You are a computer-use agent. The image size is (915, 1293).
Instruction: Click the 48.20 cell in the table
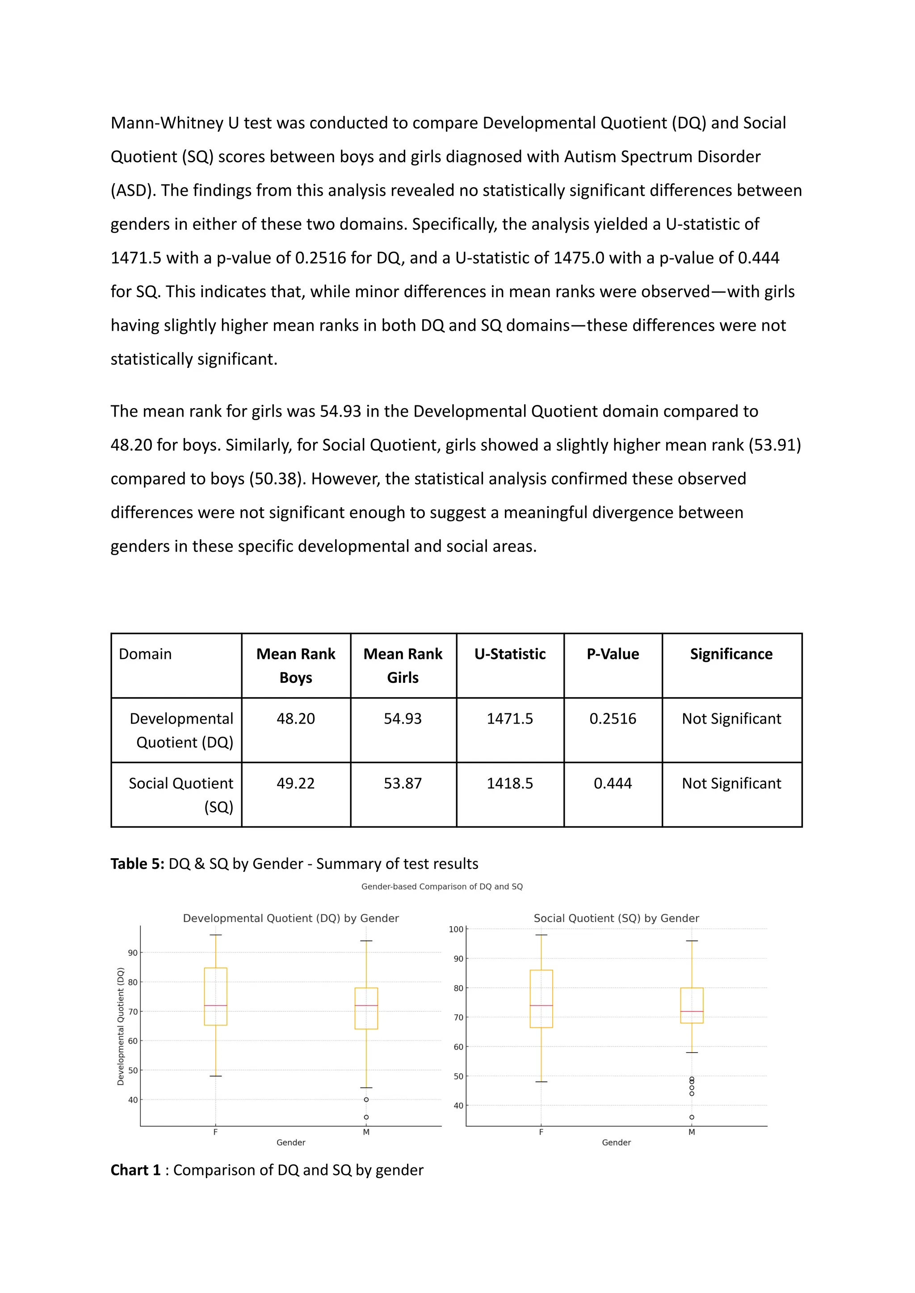coord(295,719)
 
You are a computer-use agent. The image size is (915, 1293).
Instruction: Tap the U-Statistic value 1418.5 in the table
coord(509,783)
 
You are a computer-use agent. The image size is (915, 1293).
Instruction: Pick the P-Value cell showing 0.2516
coord(613,719)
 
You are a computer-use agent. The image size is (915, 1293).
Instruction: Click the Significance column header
coord(731,654)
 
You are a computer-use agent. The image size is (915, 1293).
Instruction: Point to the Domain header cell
coord(145,654)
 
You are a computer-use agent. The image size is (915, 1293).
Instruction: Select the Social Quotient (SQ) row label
coord(180,795)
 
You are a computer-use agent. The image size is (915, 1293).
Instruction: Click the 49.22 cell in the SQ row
coord(295,783)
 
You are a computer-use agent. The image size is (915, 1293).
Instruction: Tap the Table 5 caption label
coord(137,863)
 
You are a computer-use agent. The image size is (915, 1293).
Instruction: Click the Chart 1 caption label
coord(135,1170)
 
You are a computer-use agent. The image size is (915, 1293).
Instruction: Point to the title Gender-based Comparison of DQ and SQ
coord(442,887)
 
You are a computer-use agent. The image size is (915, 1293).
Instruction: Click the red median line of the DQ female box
coord(215,1006)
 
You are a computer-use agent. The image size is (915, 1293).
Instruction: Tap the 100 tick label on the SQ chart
coord(456,930)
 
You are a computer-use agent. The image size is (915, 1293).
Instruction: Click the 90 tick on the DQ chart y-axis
coord(133,953)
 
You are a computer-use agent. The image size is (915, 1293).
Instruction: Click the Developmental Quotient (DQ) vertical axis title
coord(121,1026)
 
